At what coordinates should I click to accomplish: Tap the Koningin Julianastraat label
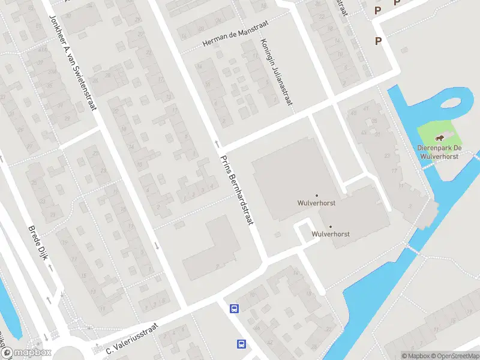pyautogui.click(x=275, y=73)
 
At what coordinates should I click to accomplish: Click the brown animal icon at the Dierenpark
pyautogui.click(x=441, y=139)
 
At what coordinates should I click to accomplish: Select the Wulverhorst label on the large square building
pyautogui.click(x=316, y=203)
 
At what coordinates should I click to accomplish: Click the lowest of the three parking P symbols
pyautogui.click(x=378, y=41)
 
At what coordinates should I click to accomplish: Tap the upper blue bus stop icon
pyautogui.click(x=234, y=309)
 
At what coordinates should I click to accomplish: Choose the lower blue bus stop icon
pyautogui.click(x=241, y=344)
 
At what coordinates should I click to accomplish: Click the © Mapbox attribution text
pyautogui.click(x=416, y=356)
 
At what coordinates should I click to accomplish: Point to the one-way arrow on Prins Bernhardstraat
pyautogui.click(x=217, y=143)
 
